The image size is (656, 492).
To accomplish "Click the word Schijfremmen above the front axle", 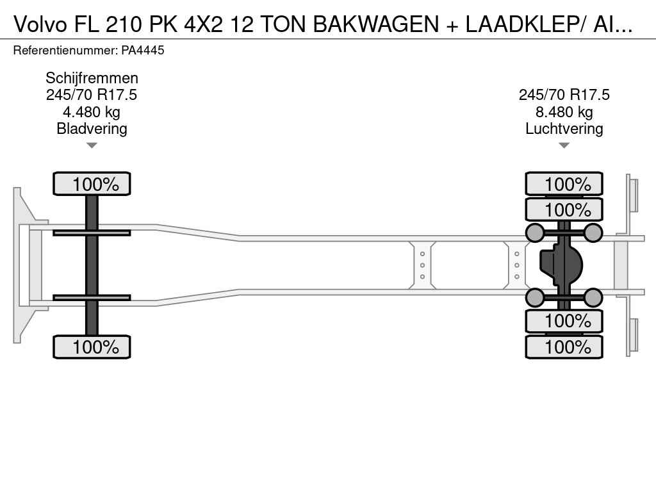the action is pyautogui.click(x=92, y=78).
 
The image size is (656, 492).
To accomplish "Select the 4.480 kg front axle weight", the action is pyautogui.click(x=92, y=112).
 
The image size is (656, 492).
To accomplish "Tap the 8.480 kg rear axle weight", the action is pyautogui.click(x=564, y=112).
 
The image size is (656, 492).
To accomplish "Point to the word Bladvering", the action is pyautogui.click(x=92, y=129).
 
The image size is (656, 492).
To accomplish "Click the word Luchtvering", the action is pyautogui.click(x=564, y=129).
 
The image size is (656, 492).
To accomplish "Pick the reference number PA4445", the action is pyautogui.click(x=143, y=51).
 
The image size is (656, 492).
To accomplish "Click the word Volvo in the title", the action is pyautogui.click(x=40, y=25).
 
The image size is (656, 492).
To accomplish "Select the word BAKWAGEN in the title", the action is pyautogui.click(x=376, y=25).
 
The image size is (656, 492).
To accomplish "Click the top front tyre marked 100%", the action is pyautogui.click(x=92, y=184).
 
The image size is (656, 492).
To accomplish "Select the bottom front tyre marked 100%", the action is pyautogui.click(x=92, y=347).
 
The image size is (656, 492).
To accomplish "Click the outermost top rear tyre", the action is pyautogui.click(x=564, y=184).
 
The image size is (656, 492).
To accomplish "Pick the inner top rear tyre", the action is pyautogui.click(x=564, y=209).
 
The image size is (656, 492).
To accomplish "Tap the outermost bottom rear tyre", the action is pyautogui.click(x=564, y=347).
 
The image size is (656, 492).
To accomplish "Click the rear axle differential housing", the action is pyautogui.click(x=561, y=265).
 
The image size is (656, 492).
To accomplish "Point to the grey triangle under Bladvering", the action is pyautogui.click(x=92, y=145).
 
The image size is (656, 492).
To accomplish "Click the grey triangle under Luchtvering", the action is pyautogui.click(x=564, y=145).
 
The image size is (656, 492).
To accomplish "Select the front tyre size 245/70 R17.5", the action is pyautogui.click(x=92, y=95).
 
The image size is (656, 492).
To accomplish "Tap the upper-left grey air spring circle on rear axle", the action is pyautogui.click(x=535, y=233).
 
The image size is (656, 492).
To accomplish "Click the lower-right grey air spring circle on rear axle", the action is pyautogui.click(x=593, y=297).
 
